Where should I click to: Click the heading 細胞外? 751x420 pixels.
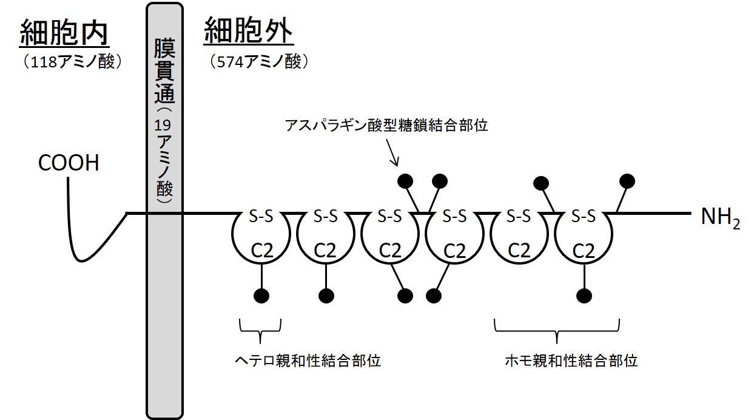click(x=248, y=30)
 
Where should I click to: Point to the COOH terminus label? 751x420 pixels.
click(x=68, y=163)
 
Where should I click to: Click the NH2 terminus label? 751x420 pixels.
click(x=720, y=218)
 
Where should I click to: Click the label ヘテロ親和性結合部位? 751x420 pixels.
click(x=308, y=361)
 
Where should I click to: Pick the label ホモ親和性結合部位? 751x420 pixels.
click(x=571, y=361)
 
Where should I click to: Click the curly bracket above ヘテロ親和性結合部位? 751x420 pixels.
click(x=261, y=327)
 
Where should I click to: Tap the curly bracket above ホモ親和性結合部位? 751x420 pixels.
click(x=556, y=328)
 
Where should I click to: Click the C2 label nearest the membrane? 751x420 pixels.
click(x=261, y=250)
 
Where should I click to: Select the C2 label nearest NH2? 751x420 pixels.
click(x=584, y=250)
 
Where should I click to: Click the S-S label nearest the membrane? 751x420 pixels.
click(x=261, y=215)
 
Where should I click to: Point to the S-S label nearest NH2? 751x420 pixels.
click(x=584, y=215)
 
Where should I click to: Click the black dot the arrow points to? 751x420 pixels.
click(x=405, y=180)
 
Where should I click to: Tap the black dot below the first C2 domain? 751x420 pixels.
click(x=261, y=296)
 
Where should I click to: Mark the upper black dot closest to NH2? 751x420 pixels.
click(x=627, y=180)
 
